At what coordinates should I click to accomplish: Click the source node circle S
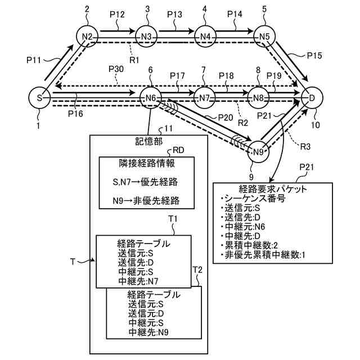click(39, 98)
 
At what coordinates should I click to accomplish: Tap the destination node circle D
click(312, 98)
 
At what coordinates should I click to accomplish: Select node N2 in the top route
click(87, 36)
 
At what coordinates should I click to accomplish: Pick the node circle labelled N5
click(264, 36)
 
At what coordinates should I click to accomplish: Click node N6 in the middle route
click(151, 98)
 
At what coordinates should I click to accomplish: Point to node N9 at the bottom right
click(258, 151)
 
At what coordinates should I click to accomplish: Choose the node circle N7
click(204, 98)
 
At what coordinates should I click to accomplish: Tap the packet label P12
click(117, 14)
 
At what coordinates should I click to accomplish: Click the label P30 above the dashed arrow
click(116, 69)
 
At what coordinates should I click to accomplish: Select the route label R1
click(134, 60)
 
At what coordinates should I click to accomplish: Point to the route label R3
click(305, 146)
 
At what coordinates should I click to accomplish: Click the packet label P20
click(226, 118)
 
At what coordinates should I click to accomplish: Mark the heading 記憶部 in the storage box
click(148, 141)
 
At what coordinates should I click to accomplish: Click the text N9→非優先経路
click(146, 201)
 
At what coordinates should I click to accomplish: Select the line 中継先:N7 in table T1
click(138, 281)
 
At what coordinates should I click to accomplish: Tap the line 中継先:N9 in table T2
click(148, 332)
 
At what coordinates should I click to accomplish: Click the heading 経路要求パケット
click(273, 189)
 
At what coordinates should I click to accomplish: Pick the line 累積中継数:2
click(249, 245)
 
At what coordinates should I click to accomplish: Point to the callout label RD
click(178, 150)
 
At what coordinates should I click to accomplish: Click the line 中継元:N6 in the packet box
click(243, 227)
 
